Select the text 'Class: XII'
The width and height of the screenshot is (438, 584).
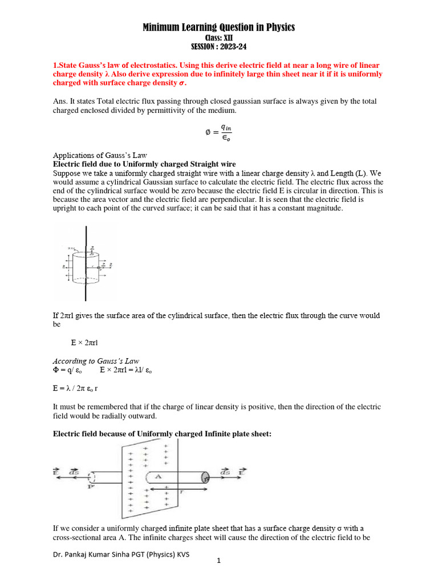pyautogui.click(x=219, y=38)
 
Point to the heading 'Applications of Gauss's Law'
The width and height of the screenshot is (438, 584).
pyautogui.click(x=100, y=155)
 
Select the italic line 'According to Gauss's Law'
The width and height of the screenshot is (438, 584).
pyautogui.click(x=96, y=361)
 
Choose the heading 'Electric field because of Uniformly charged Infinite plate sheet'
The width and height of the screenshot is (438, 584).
pyautogui.click(x=163, y=434)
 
